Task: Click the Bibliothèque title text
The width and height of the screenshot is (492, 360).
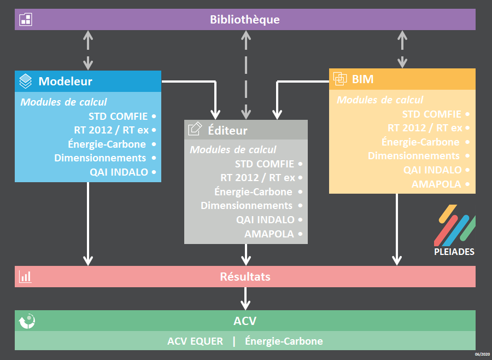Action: (x=245, y=20)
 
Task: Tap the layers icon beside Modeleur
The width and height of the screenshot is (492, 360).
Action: (x=25, y=81)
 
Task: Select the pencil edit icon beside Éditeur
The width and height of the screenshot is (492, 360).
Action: (x=195, y=129)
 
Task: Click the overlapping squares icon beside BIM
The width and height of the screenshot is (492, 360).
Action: (x=340, y=79)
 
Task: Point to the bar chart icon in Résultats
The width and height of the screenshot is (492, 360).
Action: (x=25, y=277)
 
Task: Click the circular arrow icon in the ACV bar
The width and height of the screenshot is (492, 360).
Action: (x=27, y=321)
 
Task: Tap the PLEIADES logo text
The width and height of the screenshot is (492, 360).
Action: (x=454, y=252)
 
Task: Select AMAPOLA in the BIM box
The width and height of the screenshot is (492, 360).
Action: (x=436, y=184)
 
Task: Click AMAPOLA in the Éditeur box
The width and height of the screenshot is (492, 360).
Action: (x=269, y=234)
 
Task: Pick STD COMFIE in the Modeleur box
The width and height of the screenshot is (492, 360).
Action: (x=118, y=116)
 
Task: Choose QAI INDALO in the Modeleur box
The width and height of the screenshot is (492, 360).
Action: (x=119, y=172)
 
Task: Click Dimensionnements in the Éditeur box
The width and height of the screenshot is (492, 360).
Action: (x=247, y=206)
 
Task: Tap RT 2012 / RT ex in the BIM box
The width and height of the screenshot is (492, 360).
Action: (x=425, y=128)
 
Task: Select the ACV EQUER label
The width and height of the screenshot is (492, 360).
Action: (x=195, y=341)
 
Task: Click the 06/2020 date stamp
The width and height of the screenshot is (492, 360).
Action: (x=482, y=355)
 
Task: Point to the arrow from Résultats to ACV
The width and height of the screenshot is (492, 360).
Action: (x=245, y=298)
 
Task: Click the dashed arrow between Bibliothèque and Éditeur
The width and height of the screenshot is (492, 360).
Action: (x=246, y=75)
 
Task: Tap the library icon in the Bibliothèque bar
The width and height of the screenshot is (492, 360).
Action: (x=26, y=20)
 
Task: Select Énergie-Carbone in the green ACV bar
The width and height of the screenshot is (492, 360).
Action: (x=284, y=341)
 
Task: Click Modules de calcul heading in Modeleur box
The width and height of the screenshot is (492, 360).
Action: (x=64, y=102)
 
